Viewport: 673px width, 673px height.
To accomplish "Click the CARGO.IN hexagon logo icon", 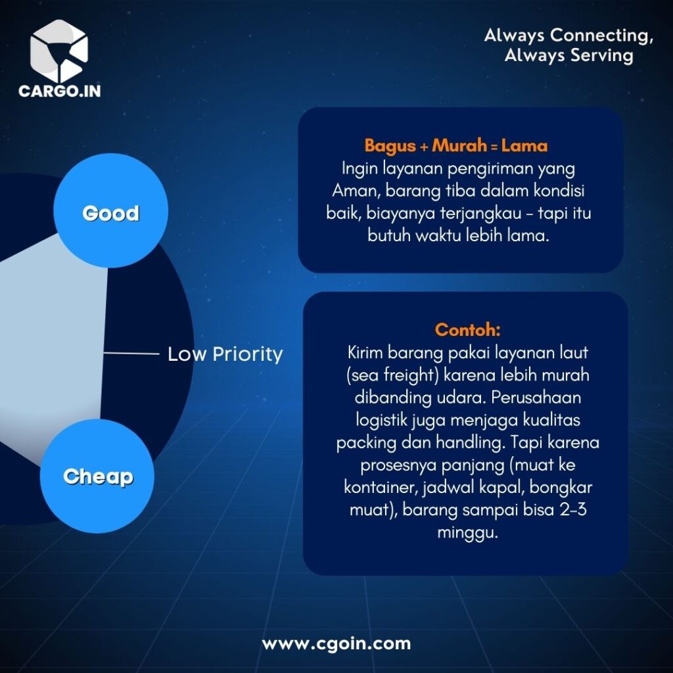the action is tap(59, 51).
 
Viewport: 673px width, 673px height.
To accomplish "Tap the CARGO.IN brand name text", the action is tap(60, 91).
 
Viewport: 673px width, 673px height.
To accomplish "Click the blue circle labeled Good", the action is tap(110, 210).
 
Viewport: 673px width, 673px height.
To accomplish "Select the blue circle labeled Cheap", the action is tap(97, 476).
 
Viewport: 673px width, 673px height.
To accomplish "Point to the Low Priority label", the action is tap(225, 354).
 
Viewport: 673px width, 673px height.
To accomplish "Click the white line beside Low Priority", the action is tap(131, 353).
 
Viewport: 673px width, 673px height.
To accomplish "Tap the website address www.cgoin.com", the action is tap(336, 643).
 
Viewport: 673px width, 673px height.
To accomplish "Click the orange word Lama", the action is tap(524, 146).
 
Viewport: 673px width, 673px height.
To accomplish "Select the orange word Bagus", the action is tap(390, 147).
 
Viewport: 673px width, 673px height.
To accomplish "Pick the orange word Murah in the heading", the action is tap(459, 146).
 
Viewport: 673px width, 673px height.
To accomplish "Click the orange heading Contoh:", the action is tap(467, 330).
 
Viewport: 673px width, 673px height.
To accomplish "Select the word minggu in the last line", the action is tap(468, 533).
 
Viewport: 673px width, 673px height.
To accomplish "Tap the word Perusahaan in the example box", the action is tap(536, 398).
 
